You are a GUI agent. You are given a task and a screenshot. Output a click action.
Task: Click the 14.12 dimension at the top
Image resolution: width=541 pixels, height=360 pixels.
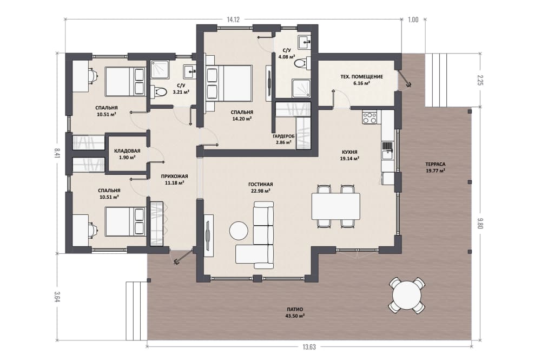tap(233, 19)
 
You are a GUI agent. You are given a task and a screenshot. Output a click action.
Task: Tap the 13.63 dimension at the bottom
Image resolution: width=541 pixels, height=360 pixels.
tap(309, 347)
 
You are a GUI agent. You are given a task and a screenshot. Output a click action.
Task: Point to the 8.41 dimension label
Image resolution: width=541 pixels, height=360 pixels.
tap(57, 153)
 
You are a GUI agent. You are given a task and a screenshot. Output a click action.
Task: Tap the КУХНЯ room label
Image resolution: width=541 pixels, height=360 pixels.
tap(349, 152)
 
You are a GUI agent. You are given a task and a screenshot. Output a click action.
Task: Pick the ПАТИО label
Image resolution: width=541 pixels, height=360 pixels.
tap(295, 309)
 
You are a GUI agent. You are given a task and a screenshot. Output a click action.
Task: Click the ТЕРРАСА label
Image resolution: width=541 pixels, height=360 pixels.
tap(435, 164)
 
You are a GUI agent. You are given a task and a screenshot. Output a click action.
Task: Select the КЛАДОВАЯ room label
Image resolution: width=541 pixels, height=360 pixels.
tap(127, 151)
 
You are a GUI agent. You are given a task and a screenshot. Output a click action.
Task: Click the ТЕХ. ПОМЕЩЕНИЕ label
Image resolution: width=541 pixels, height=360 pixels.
tap(360, 77)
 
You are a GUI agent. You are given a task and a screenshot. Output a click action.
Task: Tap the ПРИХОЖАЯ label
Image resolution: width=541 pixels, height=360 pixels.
tap(174, 176)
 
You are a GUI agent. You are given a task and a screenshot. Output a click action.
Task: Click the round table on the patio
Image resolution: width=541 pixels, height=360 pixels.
tap(407, 296)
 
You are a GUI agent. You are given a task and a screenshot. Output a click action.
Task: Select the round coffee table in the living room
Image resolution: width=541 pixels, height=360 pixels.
tap(239, 230)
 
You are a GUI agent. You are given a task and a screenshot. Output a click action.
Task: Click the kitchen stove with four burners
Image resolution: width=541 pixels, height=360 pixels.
tap(370, 117)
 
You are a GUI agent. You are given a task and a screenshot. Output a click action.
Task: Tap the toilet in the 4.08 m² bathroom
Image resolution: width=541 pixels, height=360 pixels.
tap(300, 64)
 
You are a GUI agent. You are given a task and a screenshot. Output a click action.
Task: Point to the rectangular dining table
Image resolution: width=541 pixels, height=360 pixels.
tap(336, 206)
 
